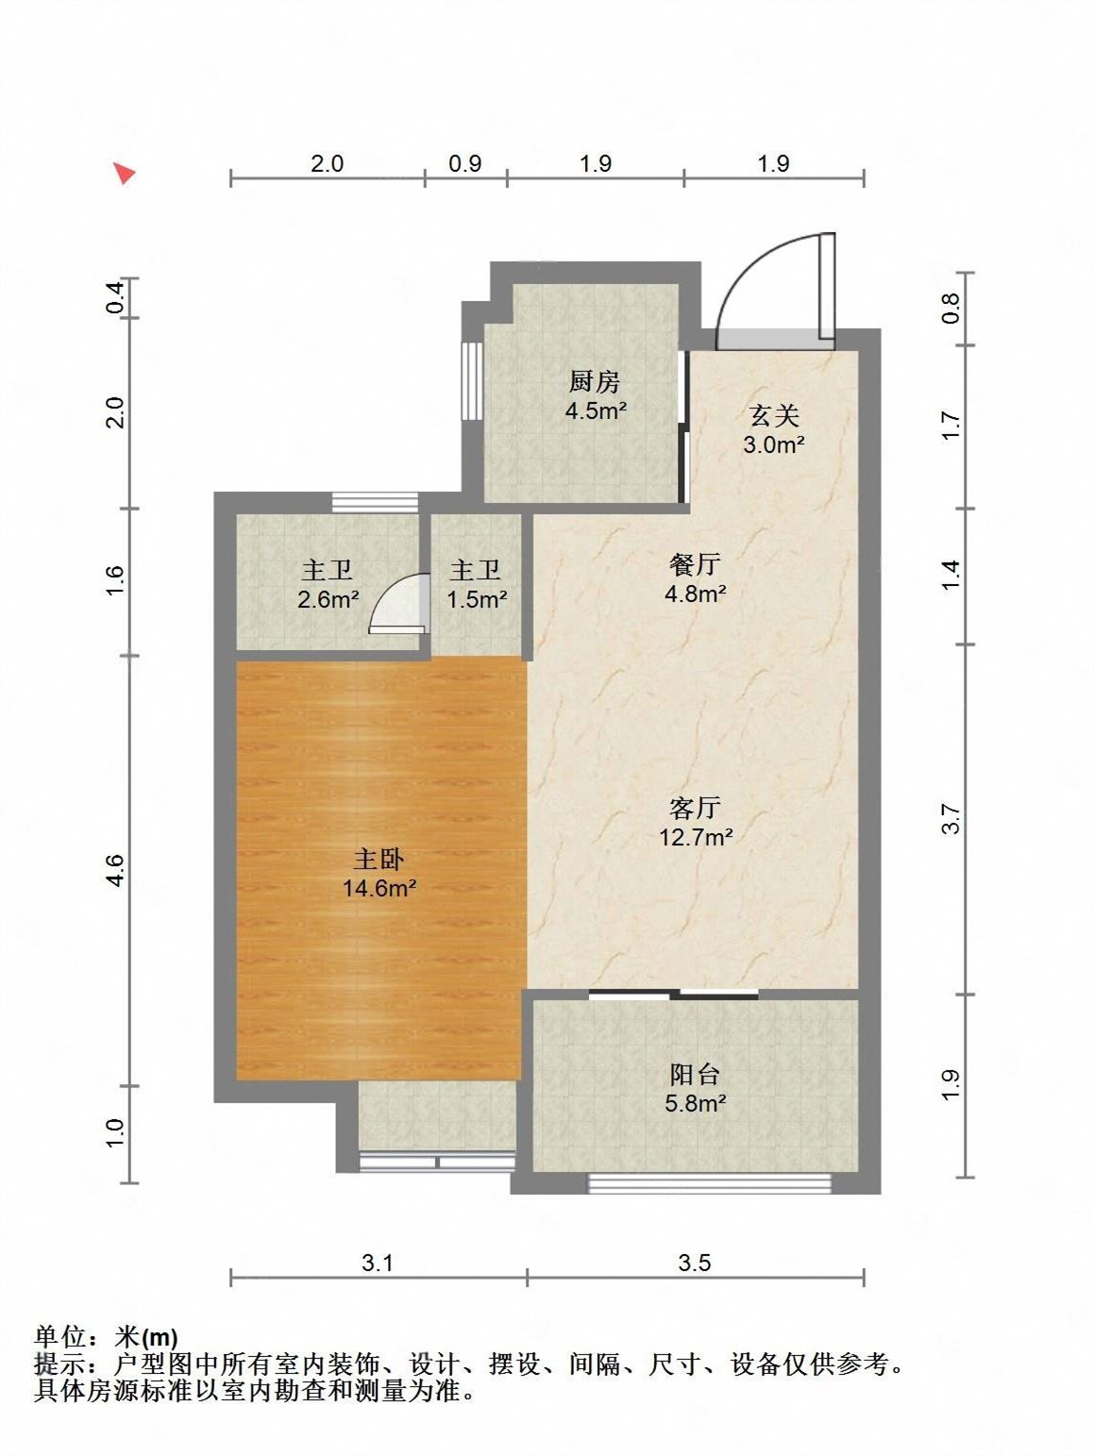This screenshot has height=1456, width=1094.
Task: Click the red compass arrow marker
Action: pyautogui.click(x=123, y=173)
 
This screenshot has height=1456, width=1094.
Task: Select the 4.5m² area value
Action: pyautogui.click(x=596, y=410)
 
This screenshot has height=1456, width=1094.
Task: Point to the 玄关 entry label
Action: pyautogui.click(x=774, y=415)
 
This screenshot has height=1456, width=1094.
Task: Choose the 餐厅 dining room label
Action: pyautogui.click(x=695, y=564)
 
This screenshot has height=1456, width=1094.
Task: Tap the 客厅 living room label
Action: pyautogui.click(x=695, y=808)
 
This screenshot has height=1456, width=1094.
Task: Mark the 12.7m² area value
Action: pyautogui.click(x=696, y=837)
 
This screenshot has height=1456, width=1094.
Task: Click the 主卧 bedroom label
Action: pyautogui.click(x=379, y=860)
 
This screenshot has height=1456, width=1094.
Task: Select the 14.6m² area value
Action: pyautogui.click(x=379, y=888)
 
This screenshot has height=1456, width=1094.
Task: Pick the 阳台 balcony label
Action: pyautogui.click(x=695, y=1074)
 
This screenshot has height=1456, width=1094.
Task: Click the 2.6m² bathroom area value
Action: pyautogui.click(x=328, y=599)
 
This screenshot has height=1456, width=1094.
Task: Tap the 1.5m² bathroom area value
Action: pyautogui.click(x=477, y=599)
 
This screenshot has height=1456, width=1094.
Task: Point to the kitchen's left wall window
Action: pyautogui.click(x=472, y=379)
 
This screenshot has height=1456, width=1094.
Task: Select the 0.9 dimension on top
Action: pyautogui.click(x=465, y=163)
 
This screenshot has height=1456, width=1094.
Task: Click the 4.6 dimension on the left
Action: pyautogui.click(x=115, y=870)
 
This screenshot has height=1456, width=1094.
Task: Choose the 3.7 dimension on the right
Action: pyautogui.click(x=951, y=818)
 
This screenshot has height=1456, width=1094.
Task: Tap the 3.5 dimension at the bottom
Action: pyautogui.click(x=695, y=1263)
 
